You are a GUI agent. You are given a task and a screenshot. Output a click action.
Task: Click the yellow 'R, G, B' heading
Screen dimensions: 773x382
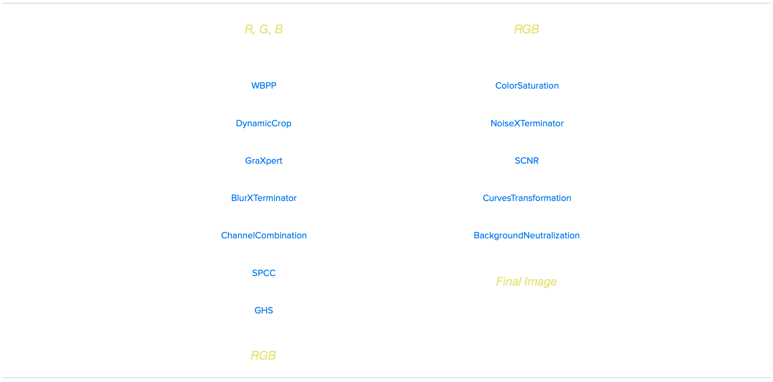pyautogui.click(x=263, y=29)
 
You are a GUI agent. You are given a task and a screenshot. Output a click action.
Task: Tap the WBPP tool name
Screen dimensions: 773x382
pyautogui.click(x=264, y=86)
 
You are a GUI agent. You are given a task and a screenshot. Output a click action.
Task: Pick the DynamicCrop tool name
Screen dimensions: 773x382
pyautogui.click(x=263, y=123)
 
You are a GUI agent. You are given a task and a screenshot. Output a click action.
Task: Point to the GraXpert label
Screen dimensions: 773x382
pyautogui.click(x=264, y=161)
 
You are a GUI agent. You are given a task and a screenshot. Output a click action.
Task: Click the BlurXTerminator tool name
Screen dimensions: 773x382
pyautogui.click(x=264, y=198)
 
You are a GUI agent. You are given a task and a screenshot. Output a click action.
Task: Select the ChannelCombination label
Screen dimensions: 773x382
pyautogui.click(x=264, y=235)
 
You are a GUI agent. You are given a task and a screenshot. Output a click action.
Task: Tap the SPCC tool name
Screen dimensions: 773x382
pyautogui.click(x=264, y=273)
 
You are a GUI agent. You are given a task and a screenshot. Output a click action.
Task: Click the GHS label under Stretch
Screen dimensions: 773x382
pyautogui.click(x=264, y=310)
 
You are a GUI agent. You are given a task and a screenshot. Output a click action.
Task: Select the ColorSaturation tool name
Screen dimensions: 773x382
pyautogui.click(x=527, y=86)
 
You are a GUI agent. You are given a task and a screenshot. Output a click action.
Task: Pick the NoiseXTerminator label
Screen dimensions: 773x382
pyautogui.click(x=527, y=123)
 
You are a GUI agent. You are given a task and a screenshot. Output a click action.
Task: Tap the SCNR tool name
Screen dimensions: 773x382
pyautogui.click(x=527, y=161)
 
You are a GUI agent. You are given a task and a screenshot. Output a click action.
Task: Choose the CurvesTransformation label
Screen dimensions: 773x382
pyautogui.click(x=527, y=198)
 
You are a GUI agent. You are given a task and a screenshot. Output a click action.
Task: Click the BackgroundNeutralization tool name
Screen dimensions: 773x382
pyautogui.click(x=527, y=235)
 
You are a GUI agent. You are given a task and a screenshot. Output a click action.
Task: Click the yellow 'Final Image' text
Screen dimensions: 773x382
pyautogui.click(x=526, y=281)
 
